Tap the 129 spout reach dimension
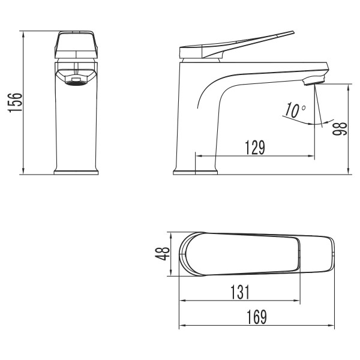pos(254,146)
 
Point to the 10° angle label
pos(295,110)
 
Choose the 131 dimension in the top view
pos(239,291)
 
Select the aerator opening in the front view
pos(76,80)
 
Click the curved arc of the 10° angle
pos(300,122)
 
